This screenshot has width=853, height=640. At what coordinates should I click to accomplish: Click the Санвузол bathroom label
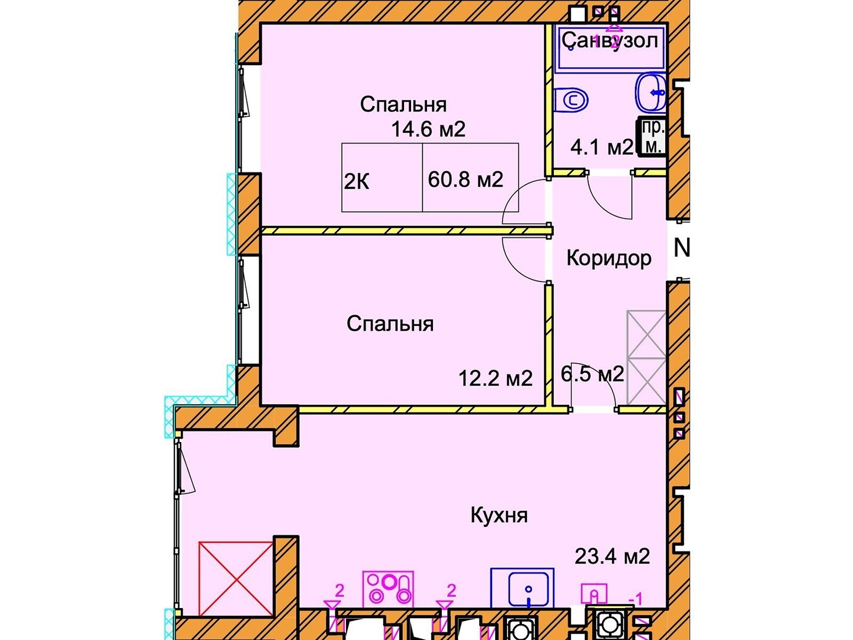pos(610,41)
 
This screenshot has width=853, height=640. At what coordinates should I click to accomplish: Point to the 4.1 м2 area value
pos(601,147)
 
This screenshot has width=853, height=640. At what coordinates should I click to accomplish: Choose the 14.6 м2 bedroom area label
pos(428,129)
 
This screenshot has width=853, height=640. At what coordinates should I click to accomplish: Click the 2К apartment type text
pos(356,181)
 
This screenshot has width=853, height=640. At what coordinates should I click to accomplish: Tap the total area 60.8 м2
pos(465,180)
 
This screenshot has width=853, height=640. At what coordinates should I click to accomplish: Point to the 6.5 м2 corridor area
pos(592,374)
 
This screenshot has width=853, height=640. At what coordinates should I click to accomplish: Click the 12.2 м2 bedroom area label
pos(495,378)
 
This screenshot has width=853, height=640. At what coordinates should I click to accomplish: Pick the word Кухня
pos(499,516)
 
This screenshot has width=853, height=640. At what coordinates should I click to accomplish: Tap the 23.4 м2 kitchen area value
pos(612,556)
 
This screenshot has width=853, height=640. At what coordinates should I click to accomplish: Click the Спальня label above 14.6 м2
pos(403,105)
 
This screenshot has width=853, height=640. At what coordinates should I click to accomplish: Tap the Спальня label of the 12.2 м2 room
pos(390,324)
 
